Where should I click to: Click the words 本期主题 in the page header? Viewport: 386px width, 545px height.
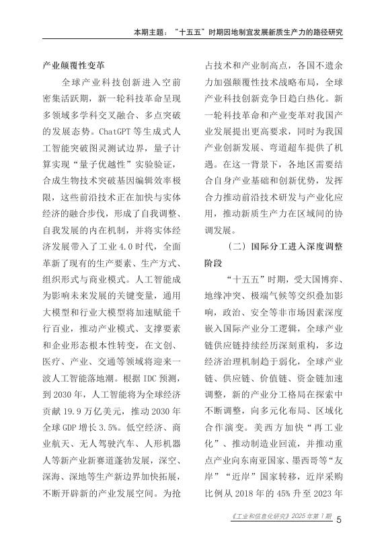click(152, 32)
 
